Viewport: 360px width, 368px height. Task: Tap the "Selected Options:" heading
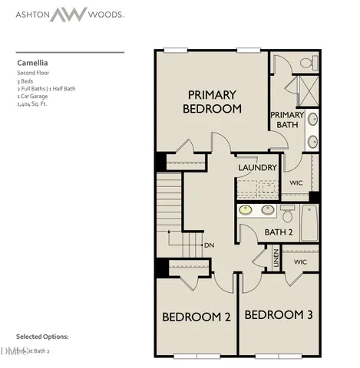(42, 337)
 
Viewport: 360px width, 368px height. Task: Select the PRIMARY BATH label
(287, 120)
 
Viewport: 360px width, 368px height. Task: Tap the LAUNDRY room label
(257, 167)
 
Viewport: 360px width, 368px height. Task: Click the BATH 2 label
(279, 232)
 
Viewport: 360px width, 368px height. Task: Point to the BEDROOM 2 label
(197, 317)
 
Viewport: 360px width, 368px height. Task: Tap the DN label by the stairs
(209, 245)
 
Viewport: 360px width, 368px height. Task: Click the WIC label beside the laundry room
(297, 183)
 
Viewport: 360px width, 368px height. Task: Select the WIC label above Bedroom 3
(299, 262)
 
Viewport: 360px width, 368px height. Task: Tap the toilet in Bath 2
(286, 212)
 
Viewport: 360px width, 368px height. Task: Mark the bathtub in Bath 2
(308, 222)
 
